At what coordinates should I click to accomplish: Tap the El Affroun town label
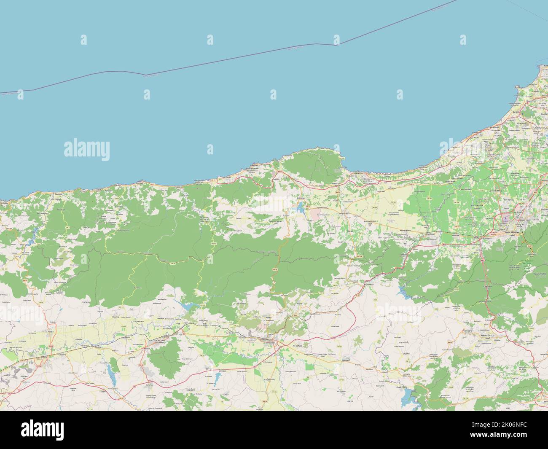click(x=431, y=234)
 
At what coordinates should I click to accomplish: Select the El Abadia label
click(x=51, y=332)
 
